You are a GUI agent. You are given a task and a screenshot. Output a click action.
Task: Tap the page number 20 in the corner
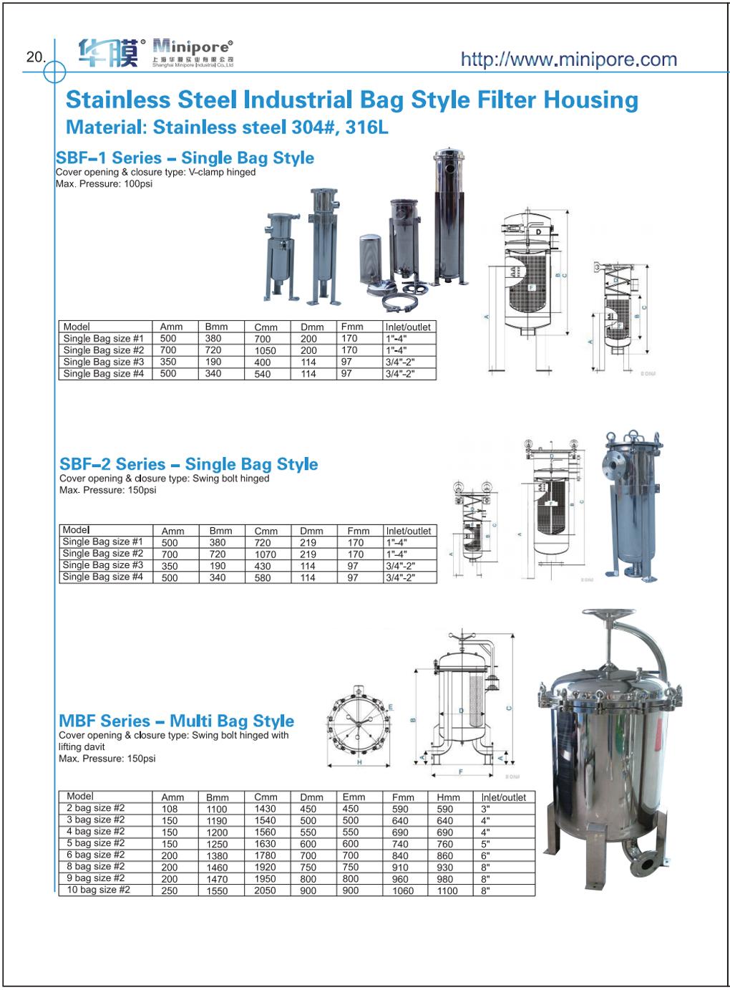click(x=34, y=57)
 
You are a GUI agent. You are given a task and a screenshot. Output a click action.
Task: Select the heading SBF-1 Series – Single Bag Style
click(x=185, y=158)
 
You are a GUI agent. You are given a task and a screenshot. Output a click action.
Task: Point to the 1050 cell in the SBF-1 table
click(x=266, y=351)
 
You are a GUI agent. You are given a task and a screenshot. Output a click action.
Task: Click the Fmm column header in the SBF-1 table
click(x=349, y=327)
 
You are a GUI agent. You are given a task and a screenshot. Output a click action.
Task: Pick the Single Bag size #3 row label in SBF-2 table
click(x=102, y=565)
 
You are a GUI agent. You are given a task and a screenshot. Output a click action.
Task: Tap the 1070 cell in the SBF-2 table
click(x=266, y=554)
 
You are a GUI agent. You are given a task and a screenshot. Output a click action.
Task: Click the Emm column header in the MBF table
click(x=354, y=797)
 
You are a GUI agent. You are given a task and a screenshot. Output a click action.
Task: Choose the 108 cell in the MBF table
click(x=169, y=809)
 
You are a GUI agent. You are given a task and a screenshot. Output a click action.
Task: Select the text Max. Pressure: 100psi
click(x=104, y=184)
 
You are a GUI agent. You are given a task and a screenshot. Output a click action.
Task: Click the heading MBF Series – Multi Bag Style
click(x=176, y=721)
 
